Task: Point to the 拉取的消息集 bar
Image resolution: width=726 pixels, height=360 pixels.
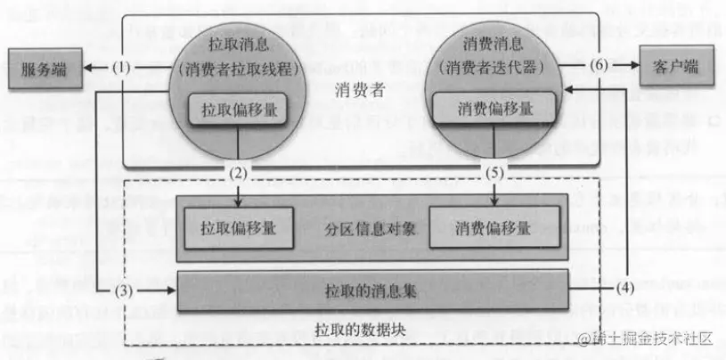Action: click(x=372, y=290)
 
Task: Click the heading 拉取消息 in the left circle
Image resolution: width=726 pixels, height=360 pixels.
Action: click(x=238, y=42)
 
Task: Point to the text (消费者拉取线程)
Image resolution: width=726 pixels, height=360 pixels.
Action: click(x=238, y=68)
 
